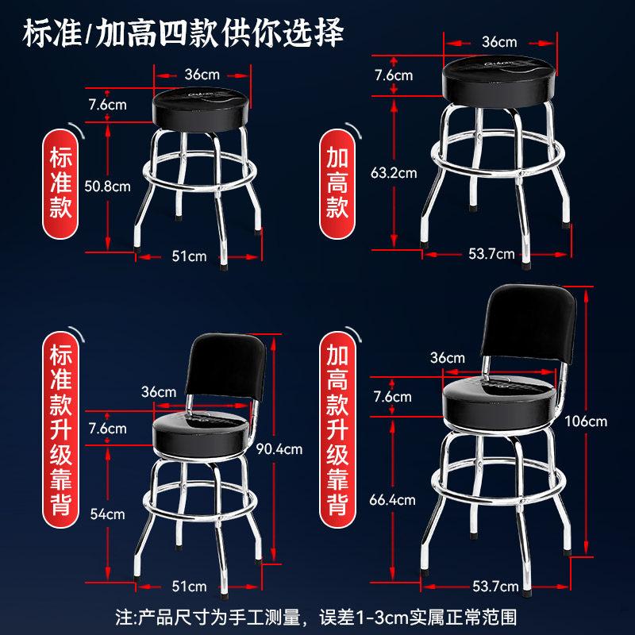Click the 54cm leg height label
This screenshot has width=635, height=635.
107,514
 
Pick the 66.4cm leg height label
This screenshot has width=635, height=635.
392,500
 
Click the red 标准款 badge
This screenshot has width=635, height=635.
62,182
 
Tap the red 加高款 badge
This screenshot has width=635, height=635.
338,183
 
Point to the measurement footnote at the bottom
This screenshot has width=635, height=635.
317,615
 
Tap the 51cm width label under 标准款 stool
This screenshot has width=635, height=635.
190,256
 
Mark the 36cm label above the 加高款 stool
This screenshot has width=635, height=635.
498,41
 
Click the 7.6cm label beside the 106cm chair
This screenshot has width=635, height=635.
393,397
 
